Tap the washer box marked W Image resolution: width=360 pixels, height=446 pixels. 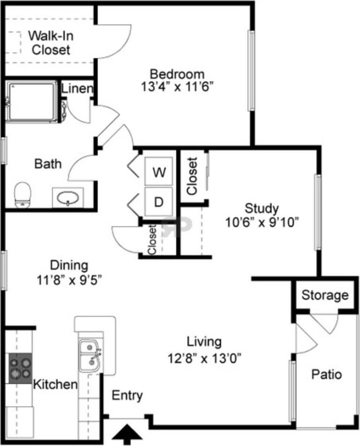pyautogui.click(x=159, y=172)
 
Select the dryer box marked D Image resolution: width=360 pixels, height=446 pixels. pyautogui.click(x=159, y=202)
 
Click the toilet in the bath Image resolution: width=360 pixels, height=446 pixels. pyautogui.click(x=22, y=194)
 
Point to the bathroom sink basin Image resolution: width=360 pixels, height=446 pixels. pyautogui.click(x=68, y=198)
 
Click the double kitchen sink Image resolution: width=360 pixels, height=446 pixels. pyautogui.click(x=89, y=355)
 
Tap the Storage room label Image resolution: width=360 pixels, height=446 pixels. pyautogui.click(x=325, y=295)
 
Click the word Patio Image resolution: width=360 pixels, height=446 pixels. pyautogui.click(x=327, y=375)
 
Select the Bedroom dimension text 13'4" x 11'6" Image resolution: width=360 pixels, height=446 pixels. pyautogui.click(x=177, y=87)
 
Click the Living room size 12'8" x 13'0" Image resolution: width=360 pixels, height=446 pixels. pyautogui.click(x=205, y=359)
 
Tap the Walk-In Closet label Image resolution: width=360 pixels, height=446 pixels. pyautogui.click(x=51, y=42)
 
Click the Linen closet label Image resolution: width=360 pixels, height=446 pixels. pyautogui.click(x=77, y=88)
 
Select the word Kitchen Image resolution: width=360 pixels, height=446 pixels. pyautogui.click(x=55, y=385)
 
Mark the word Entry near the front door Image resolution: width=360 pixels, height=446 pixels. pyautogui.click(x=127, y=395)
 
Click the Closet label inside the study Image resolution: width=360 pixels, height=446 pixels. pyautogui.click(x=192, y=175)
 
